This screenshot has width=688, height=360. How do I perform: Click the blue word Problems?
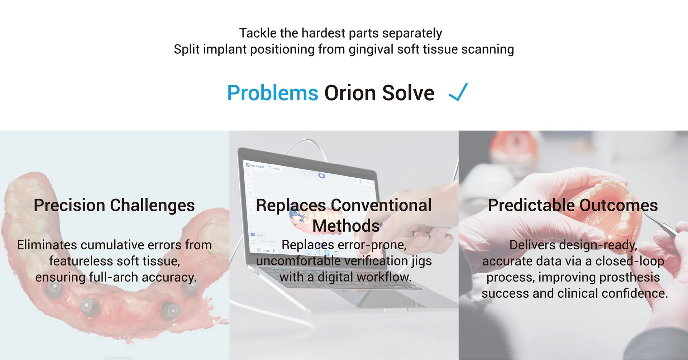click(273, 93)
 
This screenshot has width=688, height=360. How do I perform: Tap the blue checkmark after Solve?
click(458, 92)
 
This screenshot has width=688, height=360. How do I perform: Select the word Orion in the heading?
click(350, 93)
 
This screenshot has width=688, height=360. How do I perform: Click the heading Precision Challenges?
click(114, 205)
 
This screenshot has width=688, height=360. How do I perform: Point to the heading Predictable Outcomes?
click(573, 205)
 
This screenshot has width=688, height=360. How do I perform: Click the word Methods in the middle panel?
click(346, 226)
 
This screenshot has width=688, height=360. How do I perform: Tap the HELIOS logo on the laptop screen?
click(256, 166)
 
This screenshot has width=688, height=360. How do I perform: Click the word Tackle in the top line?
click(258, 33)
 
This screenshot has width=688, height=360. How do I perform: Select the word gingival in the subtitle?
click(371, 49)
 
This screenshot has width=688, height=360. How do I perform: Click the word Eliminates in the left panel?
click(47, 245)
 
